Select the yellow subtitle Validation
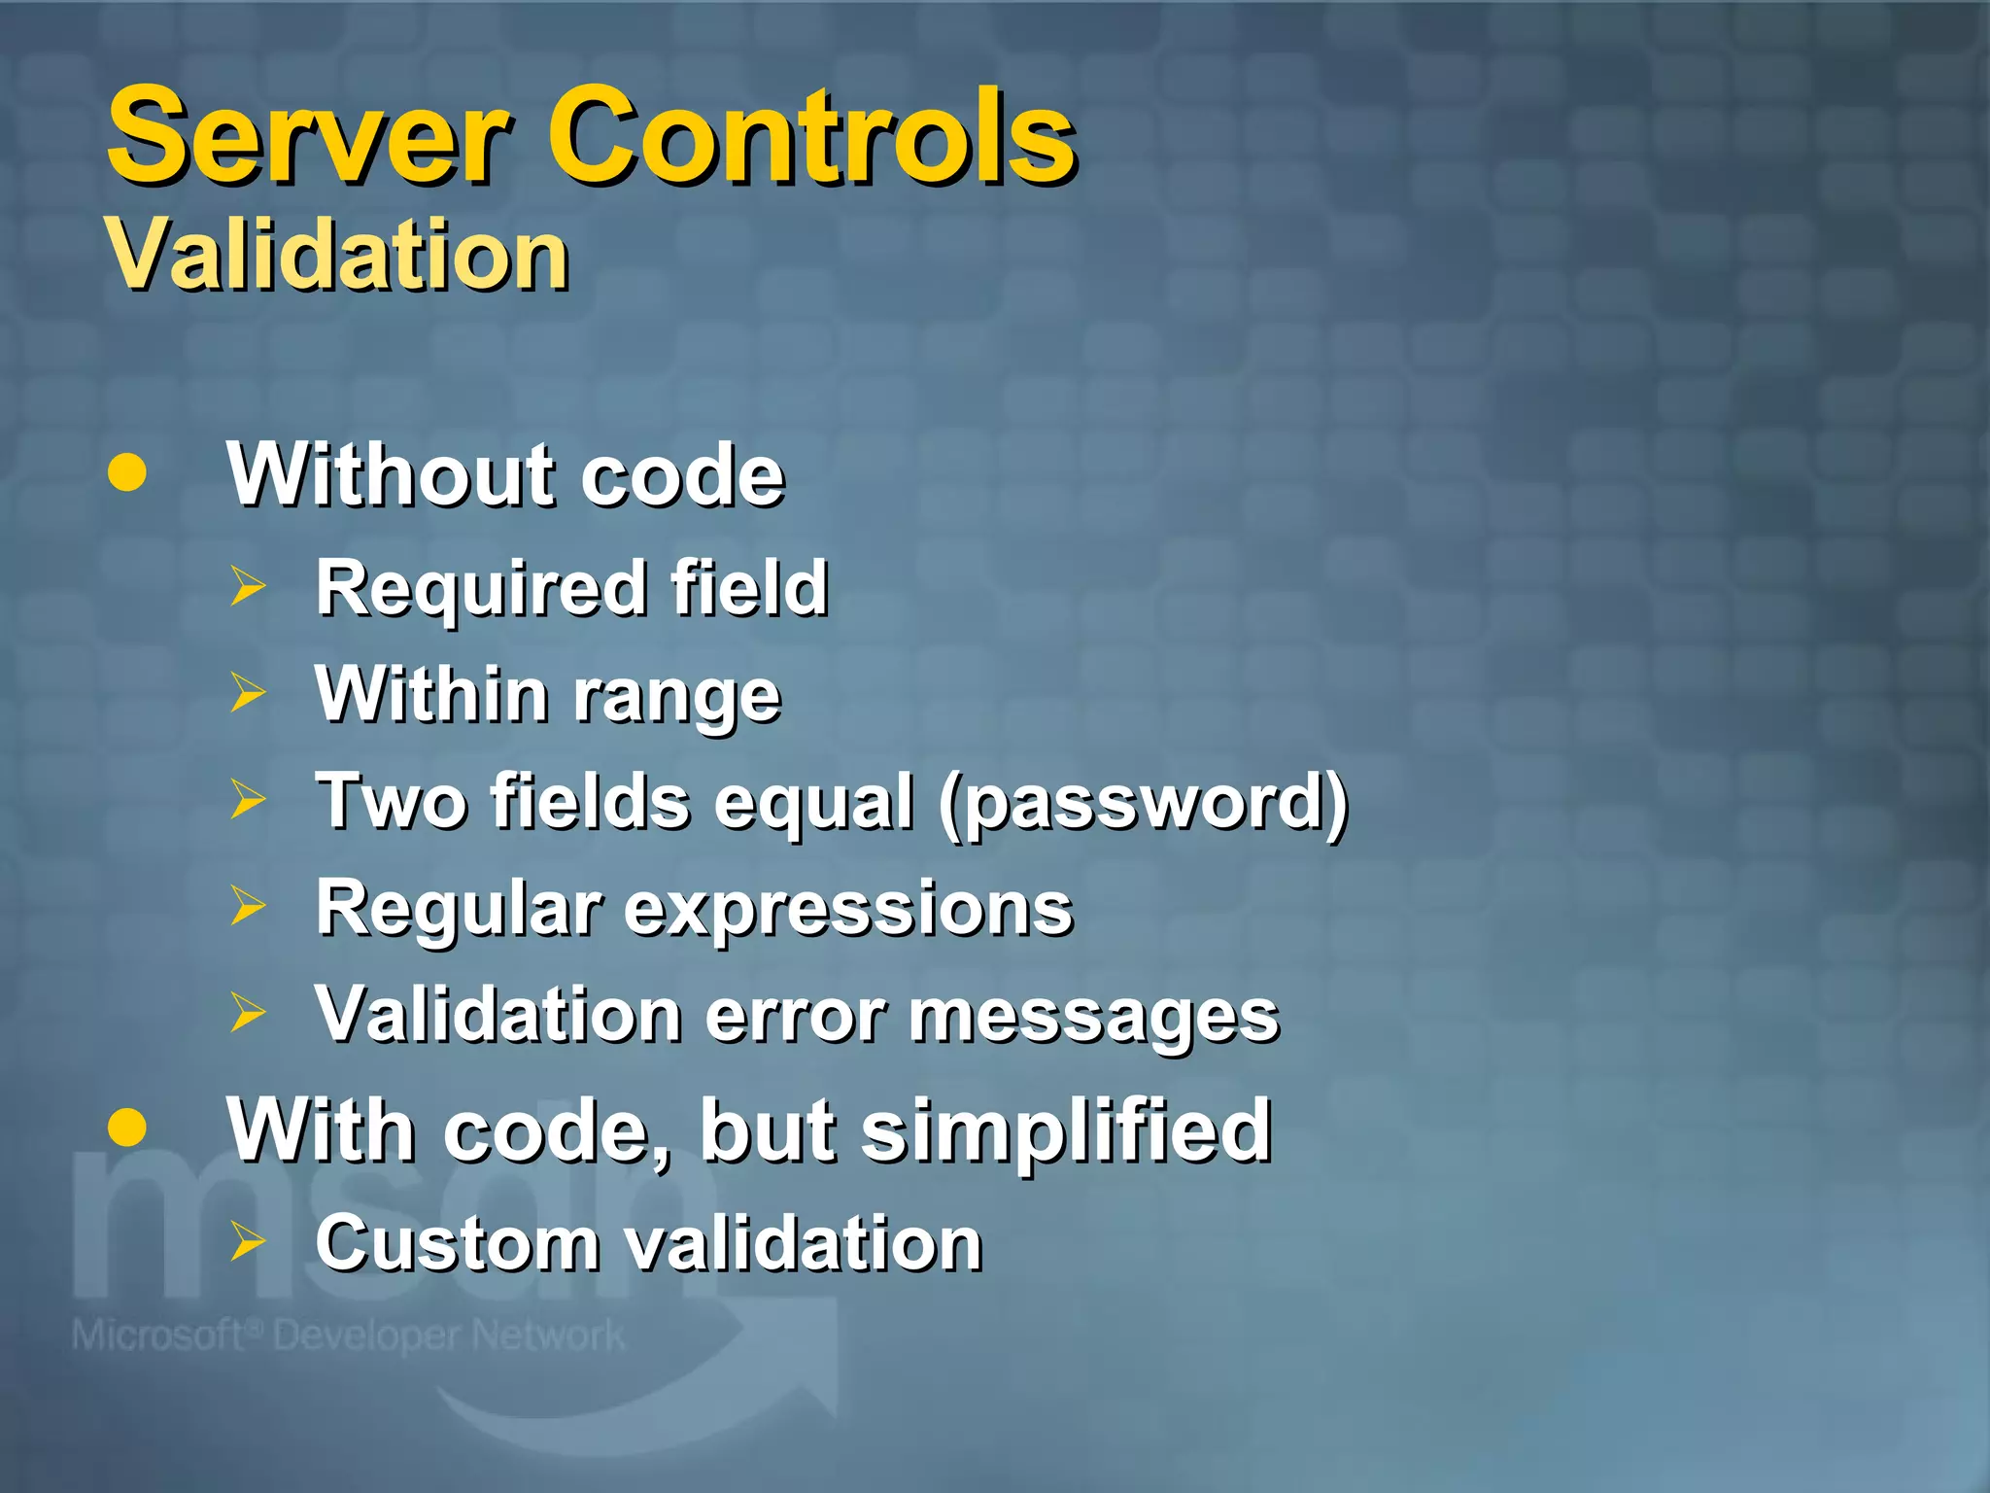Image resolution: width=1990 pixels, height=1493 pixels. (x=337, y=255)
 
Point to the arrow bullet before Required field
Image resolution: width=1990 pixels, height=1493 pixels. (x=248, y=587)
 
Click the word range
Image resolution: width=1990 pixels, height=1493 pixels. (x=676, y=697)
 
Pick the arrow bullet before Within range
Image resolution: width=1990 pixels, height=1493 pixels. (x=248, y=693)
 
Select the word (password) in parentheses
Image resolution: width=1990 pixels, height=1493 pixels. (x=1143, y=803)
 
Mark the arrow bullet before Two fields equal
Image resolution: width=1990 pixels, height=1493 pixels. (x=248, y=799)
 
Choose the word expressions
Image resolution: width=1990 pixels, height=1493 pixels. (x=847, y=910)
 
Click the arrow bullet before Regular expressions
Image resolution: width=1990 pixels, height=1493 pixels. (x=248, y=906)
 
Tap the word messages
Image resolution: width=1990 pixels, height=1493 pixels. (x=1094, y=1017)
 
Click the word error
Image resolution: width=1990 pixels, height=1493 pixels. (x=795, y=1017)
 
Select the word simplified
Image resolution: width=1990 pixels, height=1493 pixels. (x=1066, y=1130)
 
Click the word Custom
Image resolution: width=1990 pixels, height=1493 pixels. (x=457, y=1243)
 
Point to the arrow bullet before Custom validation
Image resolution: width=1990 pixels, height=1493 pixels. (x=248, y=1241)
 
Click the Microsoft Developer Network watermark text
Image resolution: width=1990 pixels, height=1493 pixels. (x=348, y=1336)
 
